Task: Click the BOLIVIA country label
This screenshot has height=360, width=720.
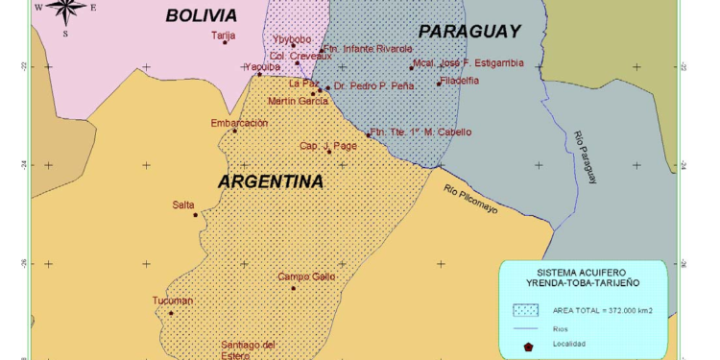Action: coord(201,15)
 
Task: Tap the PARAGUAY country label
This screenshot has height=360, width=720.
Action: coord(469,31)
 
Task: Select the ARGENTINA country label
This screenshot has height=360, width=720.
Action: coord(270,181)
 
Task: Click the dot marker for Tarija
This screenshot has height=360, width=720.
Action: coord(226,42)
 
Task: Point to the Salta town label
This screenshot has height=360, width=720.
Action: coord(183,204)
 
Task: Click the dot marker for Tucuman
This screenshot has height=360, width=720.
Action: coord(171,313)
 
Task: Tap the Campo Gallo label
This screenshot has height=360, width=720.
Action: coord(306,277)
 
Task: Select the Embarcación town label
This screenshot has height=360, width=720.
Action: coord(239,123)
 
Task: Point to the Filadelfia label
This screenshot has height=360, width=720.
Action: coord(459,81)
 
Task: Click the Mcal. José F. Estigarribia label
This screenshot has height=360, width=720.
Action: coord(468,63)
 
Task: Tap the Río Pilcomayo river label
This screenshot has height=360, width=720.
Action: coord(470,198)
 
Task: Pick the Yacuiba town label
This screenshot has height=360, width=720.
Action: coord(262,67)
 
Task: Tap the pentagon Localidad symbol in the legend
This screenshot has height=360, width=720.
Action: coord(528,345)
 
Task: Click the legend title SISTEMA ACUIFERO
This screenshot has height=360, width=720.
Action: coord(583,273)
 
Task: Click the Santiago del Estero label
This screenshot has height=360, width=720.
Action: coord(248,349)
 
